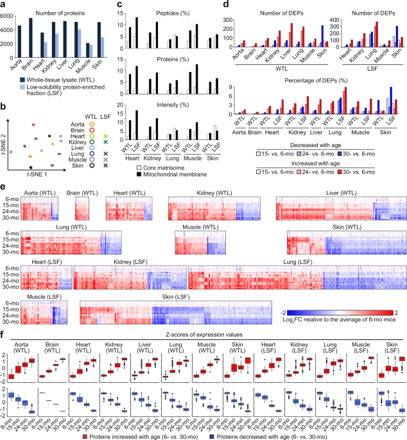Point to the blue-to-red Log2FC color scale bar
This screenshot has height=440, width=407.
coord(340,311)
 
